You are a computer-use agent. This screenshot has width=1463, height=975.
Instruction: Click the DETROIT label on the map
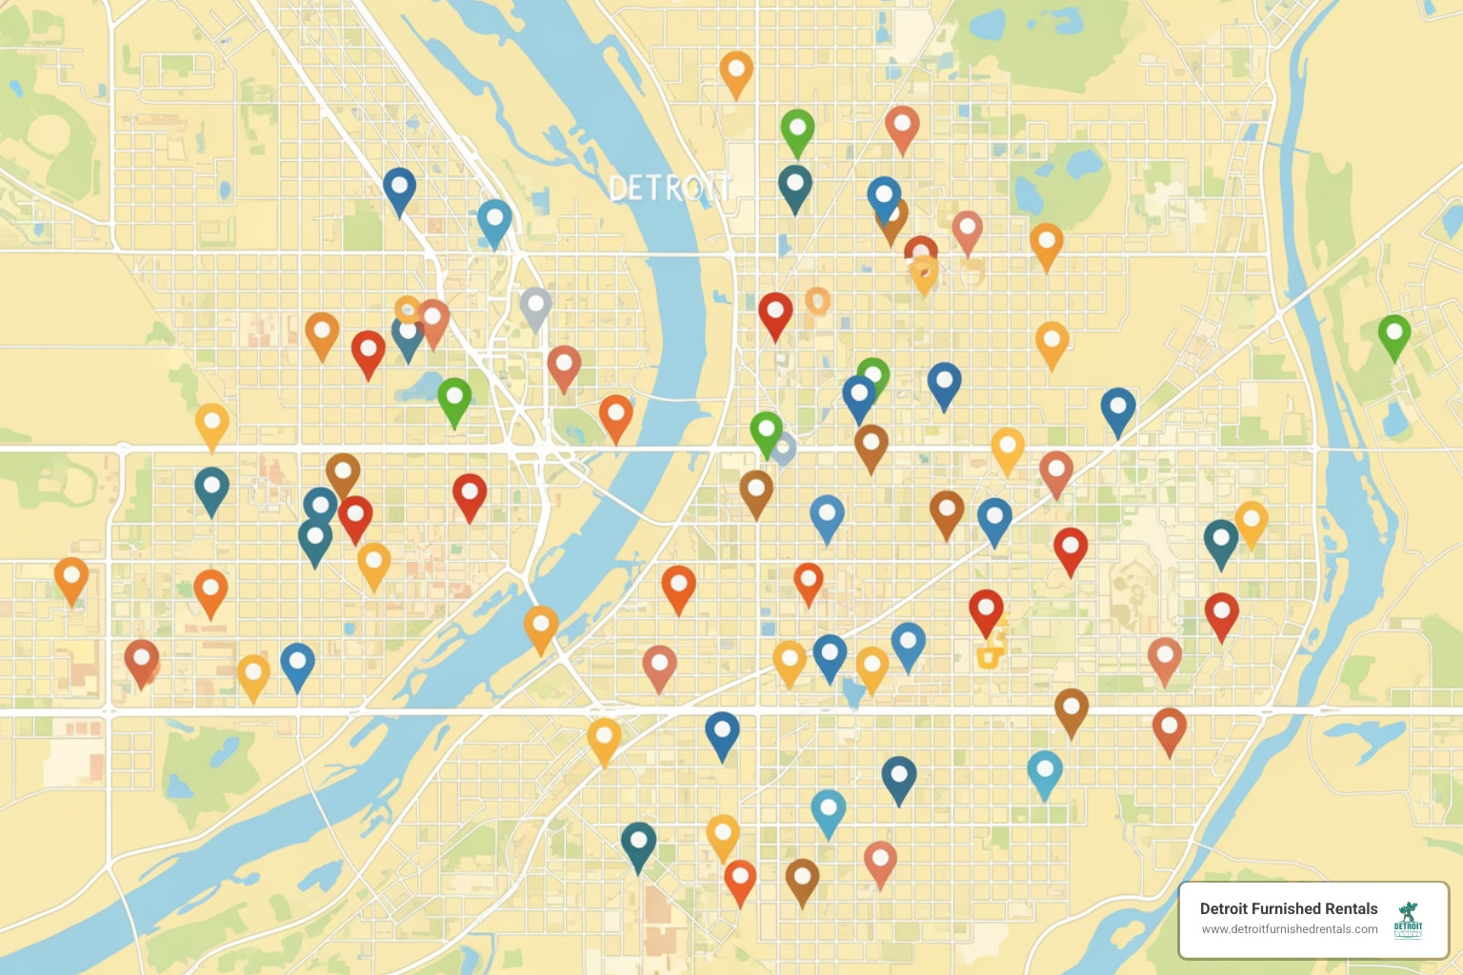point(670,189)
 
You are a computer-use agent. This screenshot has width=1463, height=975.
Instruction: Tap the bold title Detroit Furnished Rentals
point(1288,908)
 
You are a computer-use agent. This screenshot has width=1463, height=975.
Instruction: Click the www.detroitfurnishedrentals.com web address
point(1289,929)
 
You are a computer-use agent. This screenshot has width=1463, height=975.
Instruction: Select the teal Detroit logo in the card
point(1408,921)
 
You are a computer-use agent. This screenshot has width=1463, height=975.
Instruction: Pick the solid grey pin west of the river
point(536,306)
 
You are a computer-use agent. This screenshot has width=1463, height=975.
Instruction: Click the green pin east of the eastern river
point(1394,334)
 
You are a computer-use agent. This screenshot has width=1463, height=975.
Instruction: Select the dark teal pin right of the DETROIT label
point(795,185)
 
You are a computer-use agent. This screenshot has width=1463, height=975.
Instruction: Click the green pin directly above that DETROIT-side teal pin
point(797,129)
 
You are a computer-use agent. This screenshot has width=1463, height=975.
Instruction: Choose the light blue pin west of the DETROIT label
point(494,220)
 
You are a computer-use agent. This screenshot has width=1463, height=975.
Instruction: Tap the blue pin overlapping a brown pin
point(884,196)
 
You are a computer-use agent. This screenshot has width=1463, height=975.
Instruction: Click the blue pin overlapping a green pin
point(858,394)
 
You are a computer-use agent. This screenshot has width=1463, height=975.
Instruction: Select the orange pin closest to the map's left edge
point(71,577)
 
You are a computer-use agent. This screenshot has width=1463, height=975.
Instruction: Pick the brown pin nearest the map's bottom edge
point(802,879)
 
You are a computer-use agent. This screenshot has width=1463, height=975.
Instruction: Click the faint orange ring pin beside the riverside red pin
point(817,301)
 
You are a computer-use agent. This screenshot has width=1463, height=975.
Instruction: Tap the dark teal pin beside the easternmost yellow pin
point(1221,540)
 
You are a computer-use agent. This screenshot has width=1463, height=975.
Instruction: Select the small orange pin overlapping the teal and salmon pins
point(407,308)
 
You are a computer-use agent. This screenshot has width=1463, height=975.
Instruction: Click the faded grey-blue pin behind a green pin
point(784,448)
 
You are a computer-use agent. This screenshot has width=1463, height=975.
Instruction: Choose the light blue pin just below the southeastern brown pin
point(1045,770)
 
